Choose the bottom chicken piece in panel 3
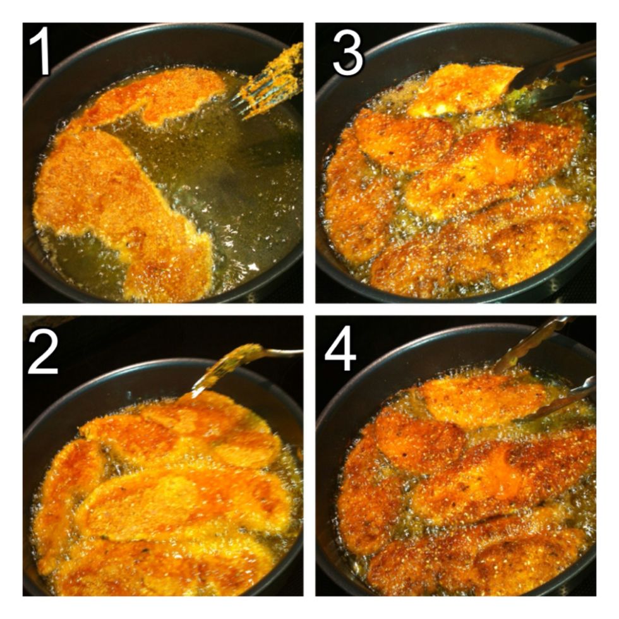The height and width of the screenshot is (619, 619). coord(480,253)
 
